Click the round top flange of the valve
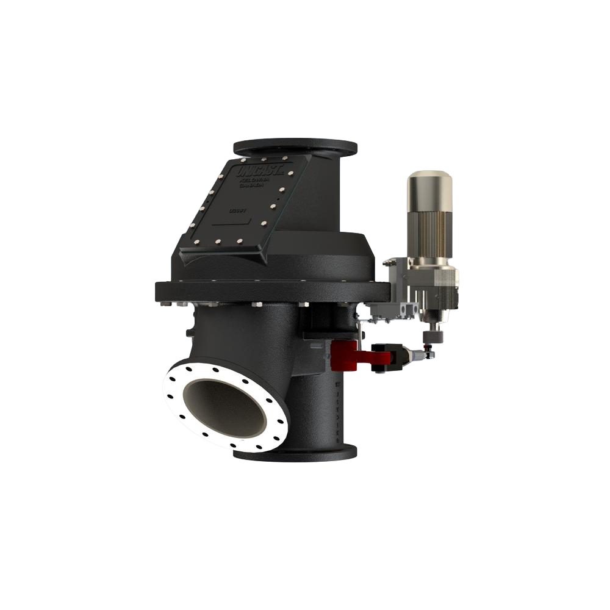[295, 147]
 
